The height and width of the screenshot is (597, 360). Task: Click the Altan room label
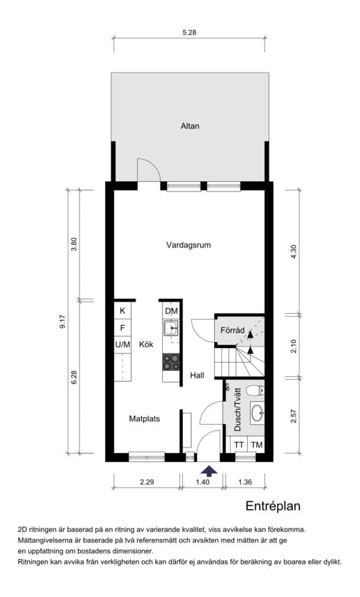click(190, 126)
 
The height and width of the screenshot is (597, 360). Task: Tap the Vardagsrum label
click(188, 245)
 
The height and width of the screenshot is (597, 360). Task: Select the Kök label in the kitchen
click(145, 344)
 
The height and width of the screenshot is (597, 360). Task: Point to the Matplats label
click(145, 418)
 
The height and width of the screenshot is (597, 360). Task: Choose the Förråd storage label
click(233, 331)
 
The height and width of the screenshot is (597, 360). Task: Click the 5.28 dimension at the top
click(189, 32)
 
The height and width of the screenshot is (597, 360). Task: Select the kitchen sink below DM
click(170, 328)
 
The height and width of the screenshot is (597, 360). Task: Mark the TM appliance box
click(256, 445)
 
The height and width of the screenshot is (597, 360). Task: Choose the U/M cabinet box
click(123, 344)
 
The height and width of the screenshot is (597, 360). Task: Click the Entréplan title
click(273, 506)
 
